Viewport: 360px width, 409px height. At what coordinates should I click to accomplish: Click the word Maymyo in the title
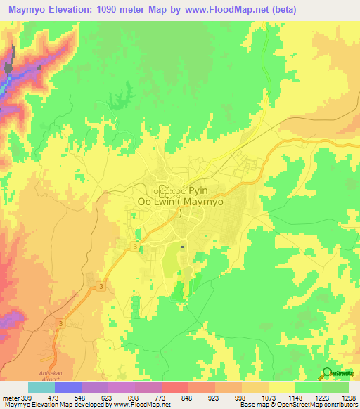(30, 10)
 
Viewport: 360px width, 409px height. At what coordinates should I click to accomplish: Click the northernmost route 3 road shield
(134, 247)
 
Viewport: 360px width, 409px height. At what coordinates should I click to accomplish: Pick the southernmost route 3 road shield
(61, 323)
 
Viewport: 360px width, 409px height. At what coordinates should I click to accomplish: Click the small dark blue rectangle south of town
(183, 247)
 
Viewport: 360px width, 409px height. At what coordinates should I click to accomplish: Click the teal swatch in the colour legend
(41, 387)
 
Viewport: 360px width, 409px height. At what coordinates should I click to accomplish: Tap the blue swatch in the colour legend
(68, 387)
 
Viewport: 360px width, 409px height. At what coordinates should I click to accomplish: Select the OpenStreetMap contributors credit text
(313, 405)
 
